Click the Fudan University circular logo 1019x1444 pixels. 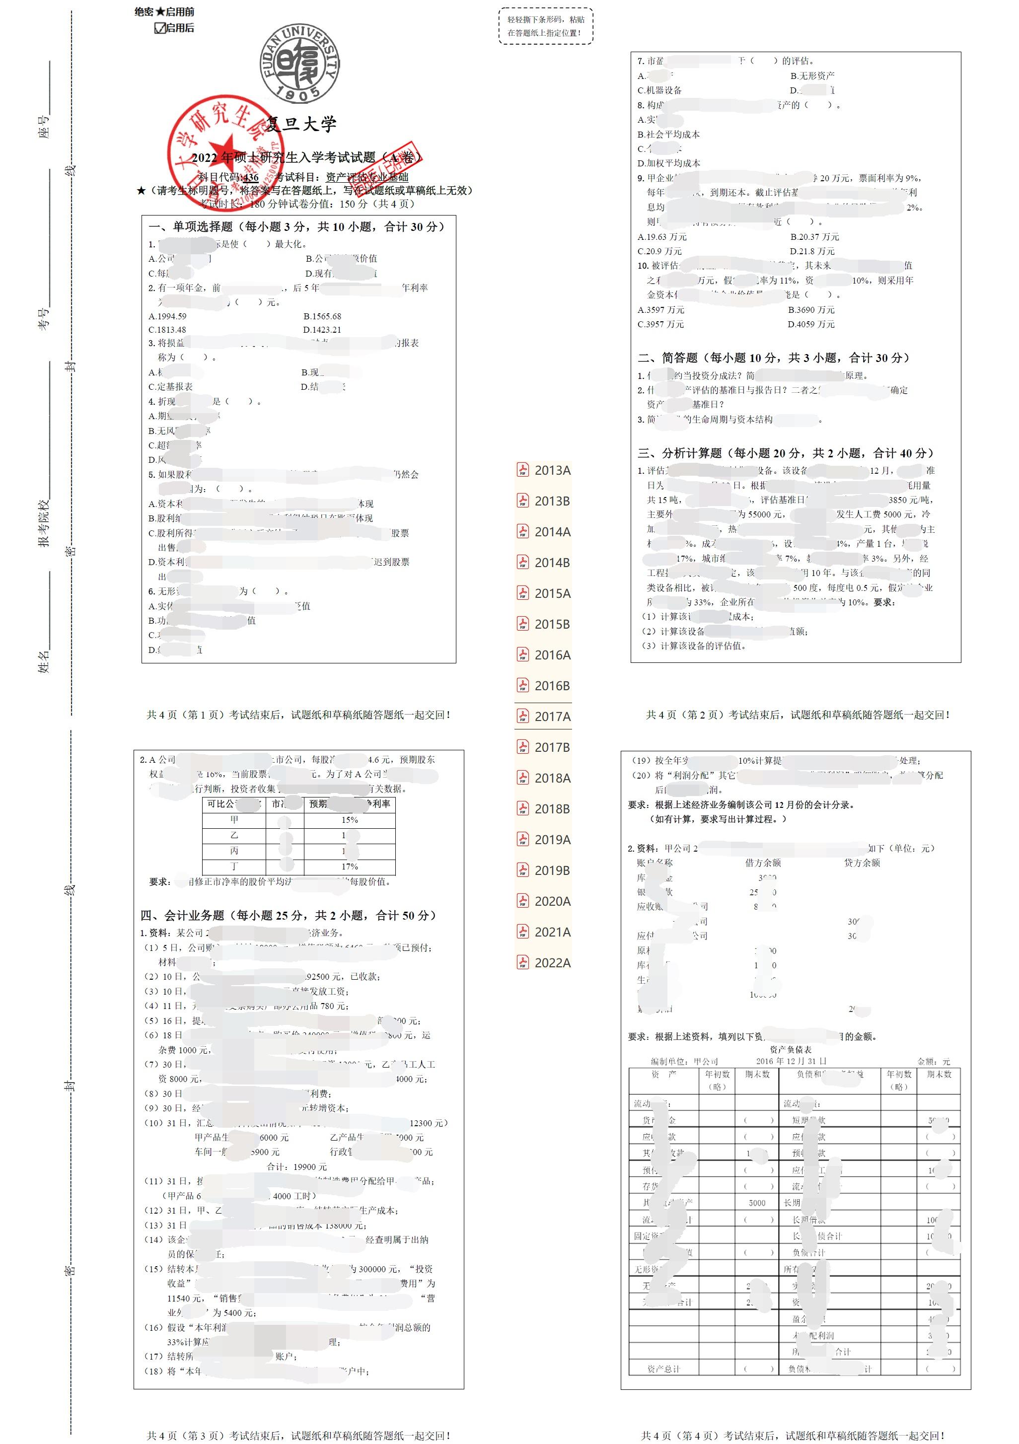[x=300, y=64]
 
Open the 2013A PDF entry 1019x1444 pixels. [x=544, y=470]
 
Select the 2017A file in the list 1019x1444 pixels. [x=544, y=717]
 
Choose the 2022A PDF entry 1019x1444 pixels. [x=544, y=962]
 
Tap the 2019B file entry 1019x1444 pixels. [x=544, y=870]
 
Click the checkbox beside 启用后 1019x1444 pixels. [x=160, y=28]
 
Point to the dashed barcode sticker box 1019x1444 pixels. [x=545, y=26]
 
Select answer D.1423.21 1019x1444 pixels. [x=322, y=330]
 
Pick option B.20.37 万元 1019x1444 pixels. [x=814, y=237]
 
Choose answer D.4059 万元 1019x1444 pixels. [x=811, y=325]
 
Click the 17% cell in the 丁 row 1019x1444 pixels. [x=350, y=866]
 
